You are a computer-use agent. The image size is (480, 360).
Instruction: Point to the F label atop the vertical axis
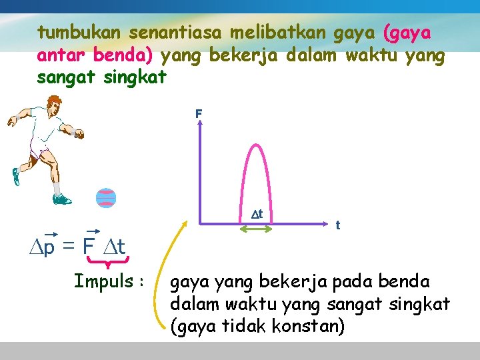coord(198,115)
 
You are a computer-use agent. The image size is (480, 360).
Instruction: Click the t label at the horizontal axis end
coord(338,225)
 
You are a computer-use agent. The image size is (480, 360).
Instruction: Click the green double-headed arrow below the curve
coord(256,229)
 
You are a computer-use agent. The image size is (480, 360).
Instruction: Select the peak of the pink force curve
coord(256,143)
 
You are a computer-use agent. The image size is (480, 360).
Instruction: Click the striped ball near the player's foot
coord(106,198)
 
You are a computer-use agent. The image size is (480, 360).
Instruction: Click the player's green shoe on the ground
coord(61,198)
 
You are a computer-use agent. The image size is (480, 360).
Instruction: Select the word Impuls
coord(103,281)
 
